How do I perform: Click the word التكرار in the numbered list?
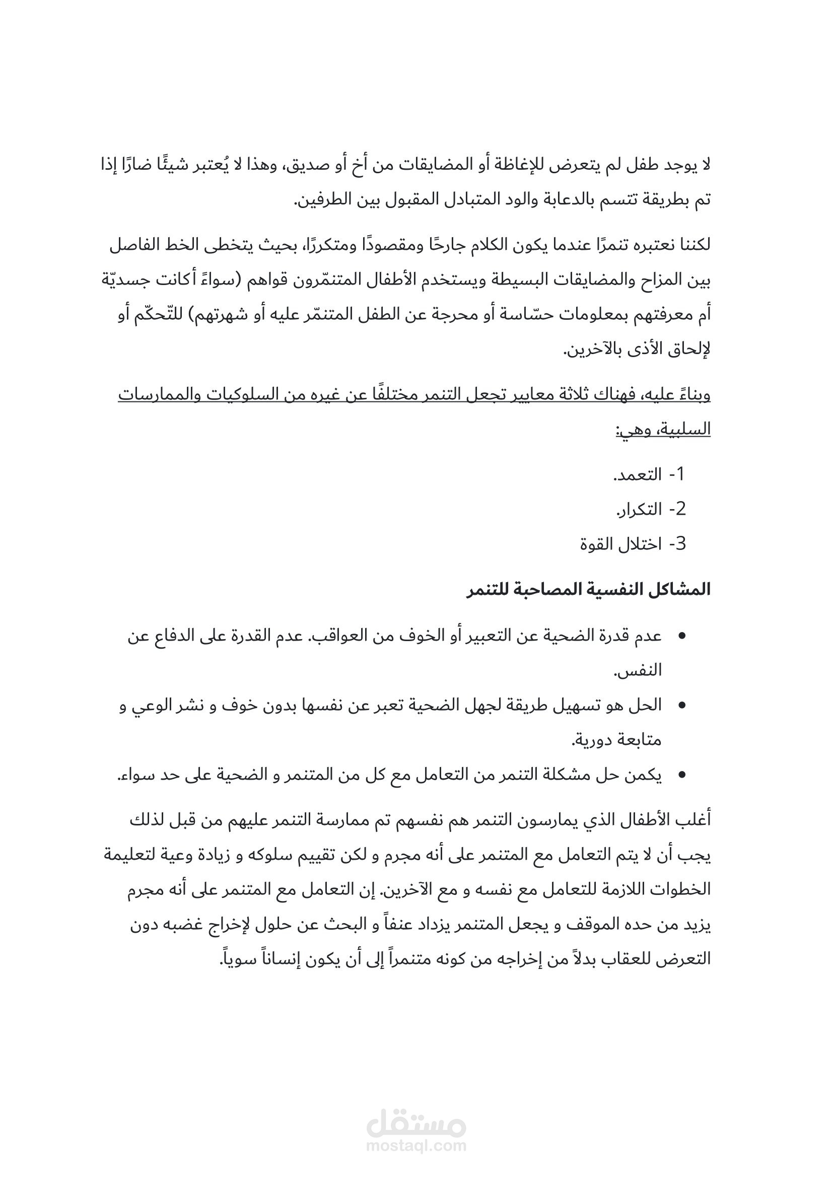tap(639, 510)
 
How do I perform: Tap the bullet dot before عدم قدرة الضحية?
tap(682, 637)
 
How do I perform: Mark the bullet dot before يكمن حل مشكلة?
tap(682, 775)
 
